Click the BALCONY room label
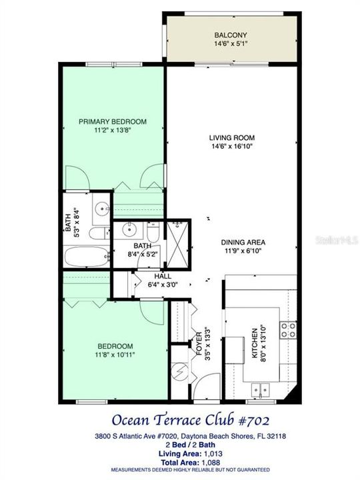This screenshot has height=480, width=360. [x=231, y=35]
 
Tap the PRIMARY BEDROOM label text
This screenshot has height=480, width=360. [x=112, y=121]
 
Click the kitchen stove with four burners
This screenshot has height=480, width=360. [x=287, y=329]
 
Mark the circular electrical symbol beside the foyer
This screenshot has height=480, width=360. [x=179, y=371]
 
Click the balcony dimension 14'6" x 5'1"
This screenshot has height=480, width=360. [x=231, y=45]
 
